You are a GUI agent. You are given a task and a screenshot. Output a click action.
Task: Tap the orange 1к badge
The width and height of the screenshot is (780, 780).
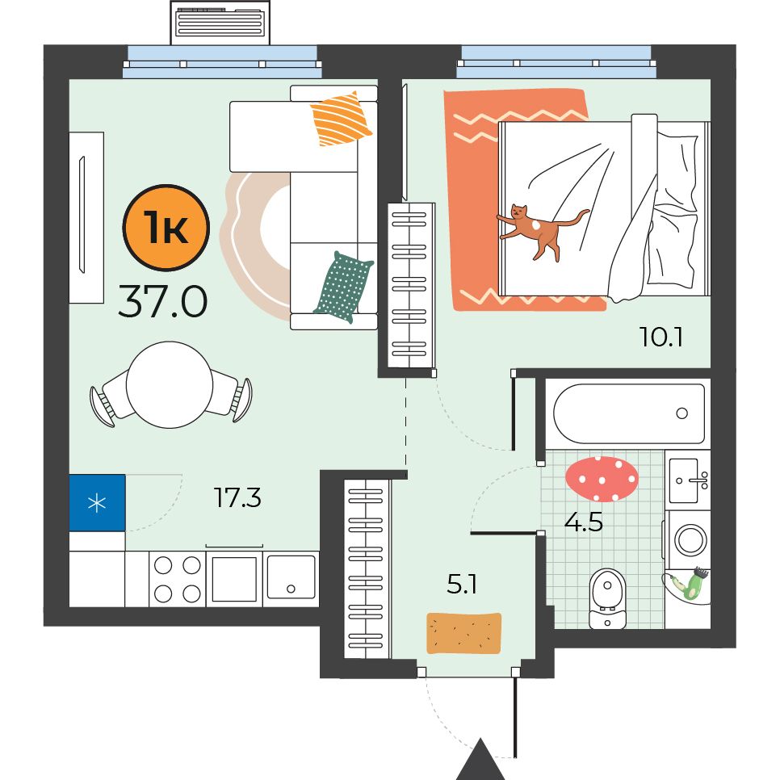(166, 228)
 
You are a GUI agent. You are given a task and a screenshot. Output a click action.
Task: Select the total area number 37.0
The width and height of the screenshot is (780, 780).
(162, 302)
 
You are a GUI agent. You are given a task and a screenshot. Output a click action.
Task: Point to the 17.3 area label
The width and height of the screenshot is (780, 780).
(237, 497)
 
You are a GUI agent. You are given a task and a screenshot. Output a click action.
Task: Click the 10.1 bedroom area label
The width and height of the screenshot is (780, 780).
(660, 337)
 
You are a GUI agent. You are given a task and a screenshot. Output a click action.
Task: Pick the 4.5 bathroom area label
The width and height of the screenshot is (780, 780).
(584, 522)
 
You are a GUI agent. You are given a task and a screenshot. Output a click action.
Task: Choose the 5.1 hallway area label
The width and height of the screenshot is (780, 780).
(462, 584)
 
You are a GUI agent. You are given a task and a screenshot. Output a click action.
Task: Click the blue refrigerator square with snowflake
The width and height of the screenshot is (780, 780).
(97, 502)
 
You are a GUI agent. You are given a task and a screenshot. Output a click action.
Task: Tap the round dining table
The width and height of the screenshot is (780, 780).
(170, 384)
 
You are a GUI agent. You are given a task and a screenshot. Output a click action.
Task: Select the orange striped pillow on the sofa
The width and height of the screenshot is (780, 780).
(341, 119)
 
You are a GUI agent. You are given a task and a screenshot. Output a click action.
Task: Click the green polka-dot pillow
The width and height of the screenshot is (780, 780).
(342, 287)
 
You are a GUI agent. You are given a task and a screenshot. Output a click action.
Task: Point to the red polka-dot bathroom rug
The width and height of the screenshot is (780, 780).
(602, 479)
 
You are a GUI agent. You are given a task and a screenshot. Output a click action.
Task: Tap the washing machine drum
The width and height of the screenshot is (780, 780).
(690, 540)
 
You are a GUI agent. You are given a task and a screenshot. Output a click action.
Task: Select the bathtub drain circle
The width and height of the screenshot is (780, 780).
(682, 413)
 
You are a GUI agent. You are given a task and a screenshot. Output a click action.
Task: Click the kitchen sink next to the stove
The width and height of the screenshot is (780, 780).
(291, 577)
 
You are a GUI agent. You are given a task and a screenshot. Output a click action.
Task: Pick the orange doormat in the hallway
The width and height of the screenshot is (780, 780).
(463, 633)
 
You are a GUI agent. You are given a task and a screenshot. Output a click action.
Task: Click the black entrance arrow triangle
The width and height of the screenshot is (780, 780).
(480, 762)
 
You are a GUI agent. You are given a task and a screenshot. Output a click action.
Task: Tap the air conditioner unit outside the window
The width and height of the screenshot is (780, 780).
(220, 23)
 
